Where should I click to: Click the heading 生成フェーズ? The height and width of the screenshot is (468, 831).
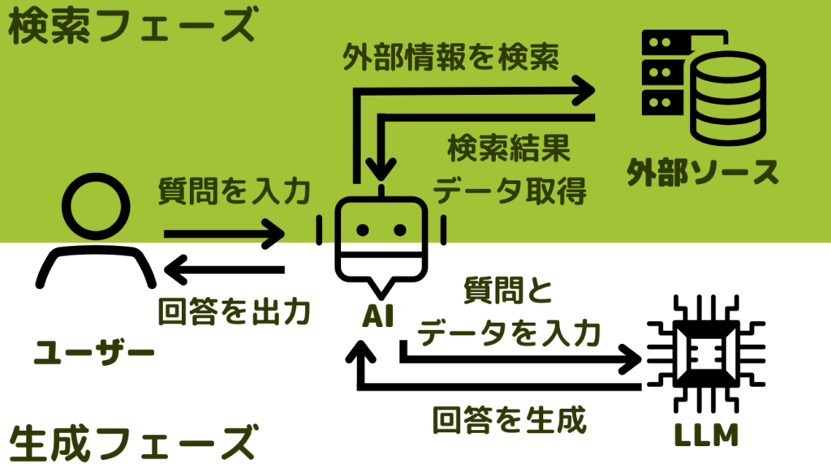pyautogui.click(x=130, y=442)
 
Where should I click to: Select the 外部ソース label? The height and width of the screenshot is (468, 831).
pyautogui.click(x=703, y=171)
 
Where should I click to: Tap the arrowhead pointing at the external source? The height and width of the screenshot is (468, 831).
pyautogui.click(x=583, y=87)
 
